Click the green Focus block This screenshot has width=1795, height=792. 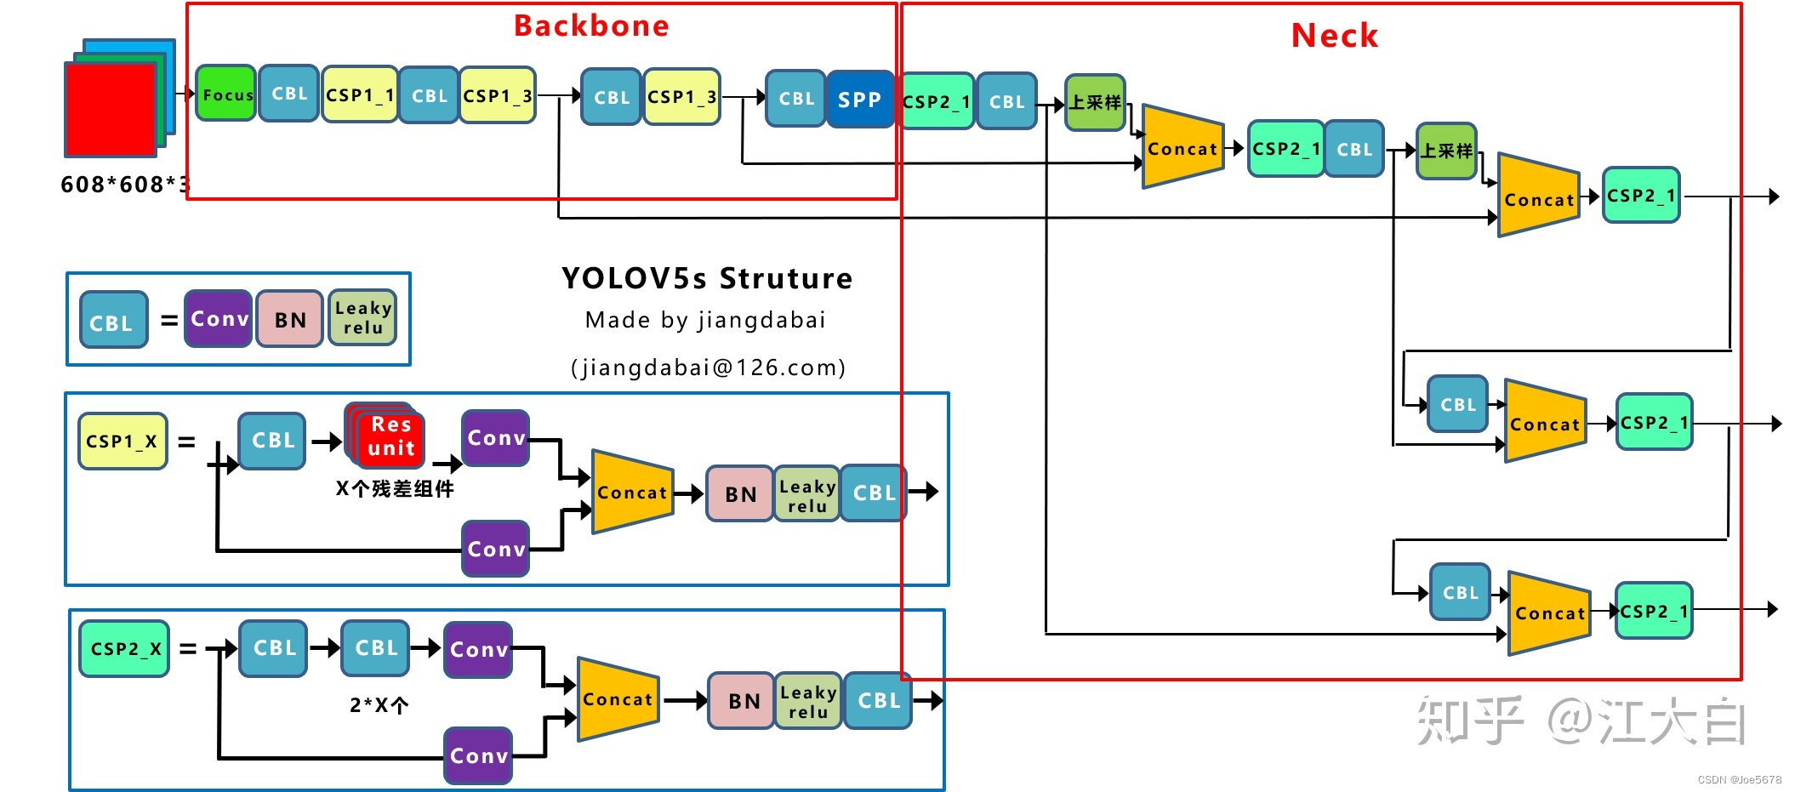(x=225, y=94)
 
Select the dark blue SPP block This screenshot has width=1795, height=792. (x=859, y=100)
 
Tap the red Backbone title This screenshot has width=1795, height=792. (x=591, y=26)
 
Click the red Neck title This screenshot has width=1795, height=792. (x=1334, y=36)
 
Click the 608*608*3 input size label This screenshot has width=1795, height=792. (x=124, y=185)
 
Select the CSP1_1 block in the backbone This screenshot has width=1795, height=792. (x=359, y=94)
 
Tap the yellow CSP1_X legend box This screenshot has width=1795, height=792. (x=123, y=442)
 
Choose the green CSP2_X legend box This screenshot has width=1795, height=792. (x=124, y=649)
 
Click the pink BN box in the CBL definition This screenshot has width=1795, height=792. (x=290, y=320)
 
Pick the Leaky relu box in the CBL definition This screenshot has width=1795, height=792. (x=362, y=318)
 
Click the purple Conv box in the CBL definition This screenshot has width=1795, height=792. (x=219, y=319)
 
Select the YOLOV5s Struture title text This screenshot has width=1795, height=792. (x=706, y=278)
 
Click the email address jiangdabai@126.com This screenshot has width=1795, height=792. (x=708, y=368)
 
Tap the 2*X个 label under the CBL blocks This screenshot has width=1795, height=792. (x=379, y=705)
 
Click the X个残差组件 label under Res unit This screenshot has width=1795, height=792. (x=394, y=489)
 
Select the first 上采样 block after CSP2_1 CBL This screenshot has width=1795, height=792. (x=1095, y=103)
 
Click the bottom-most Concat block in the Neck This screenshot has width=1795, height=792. (x=1549, y=613)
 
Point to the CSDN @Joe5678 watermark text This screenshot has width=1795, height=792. (x=1739, y=779)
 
